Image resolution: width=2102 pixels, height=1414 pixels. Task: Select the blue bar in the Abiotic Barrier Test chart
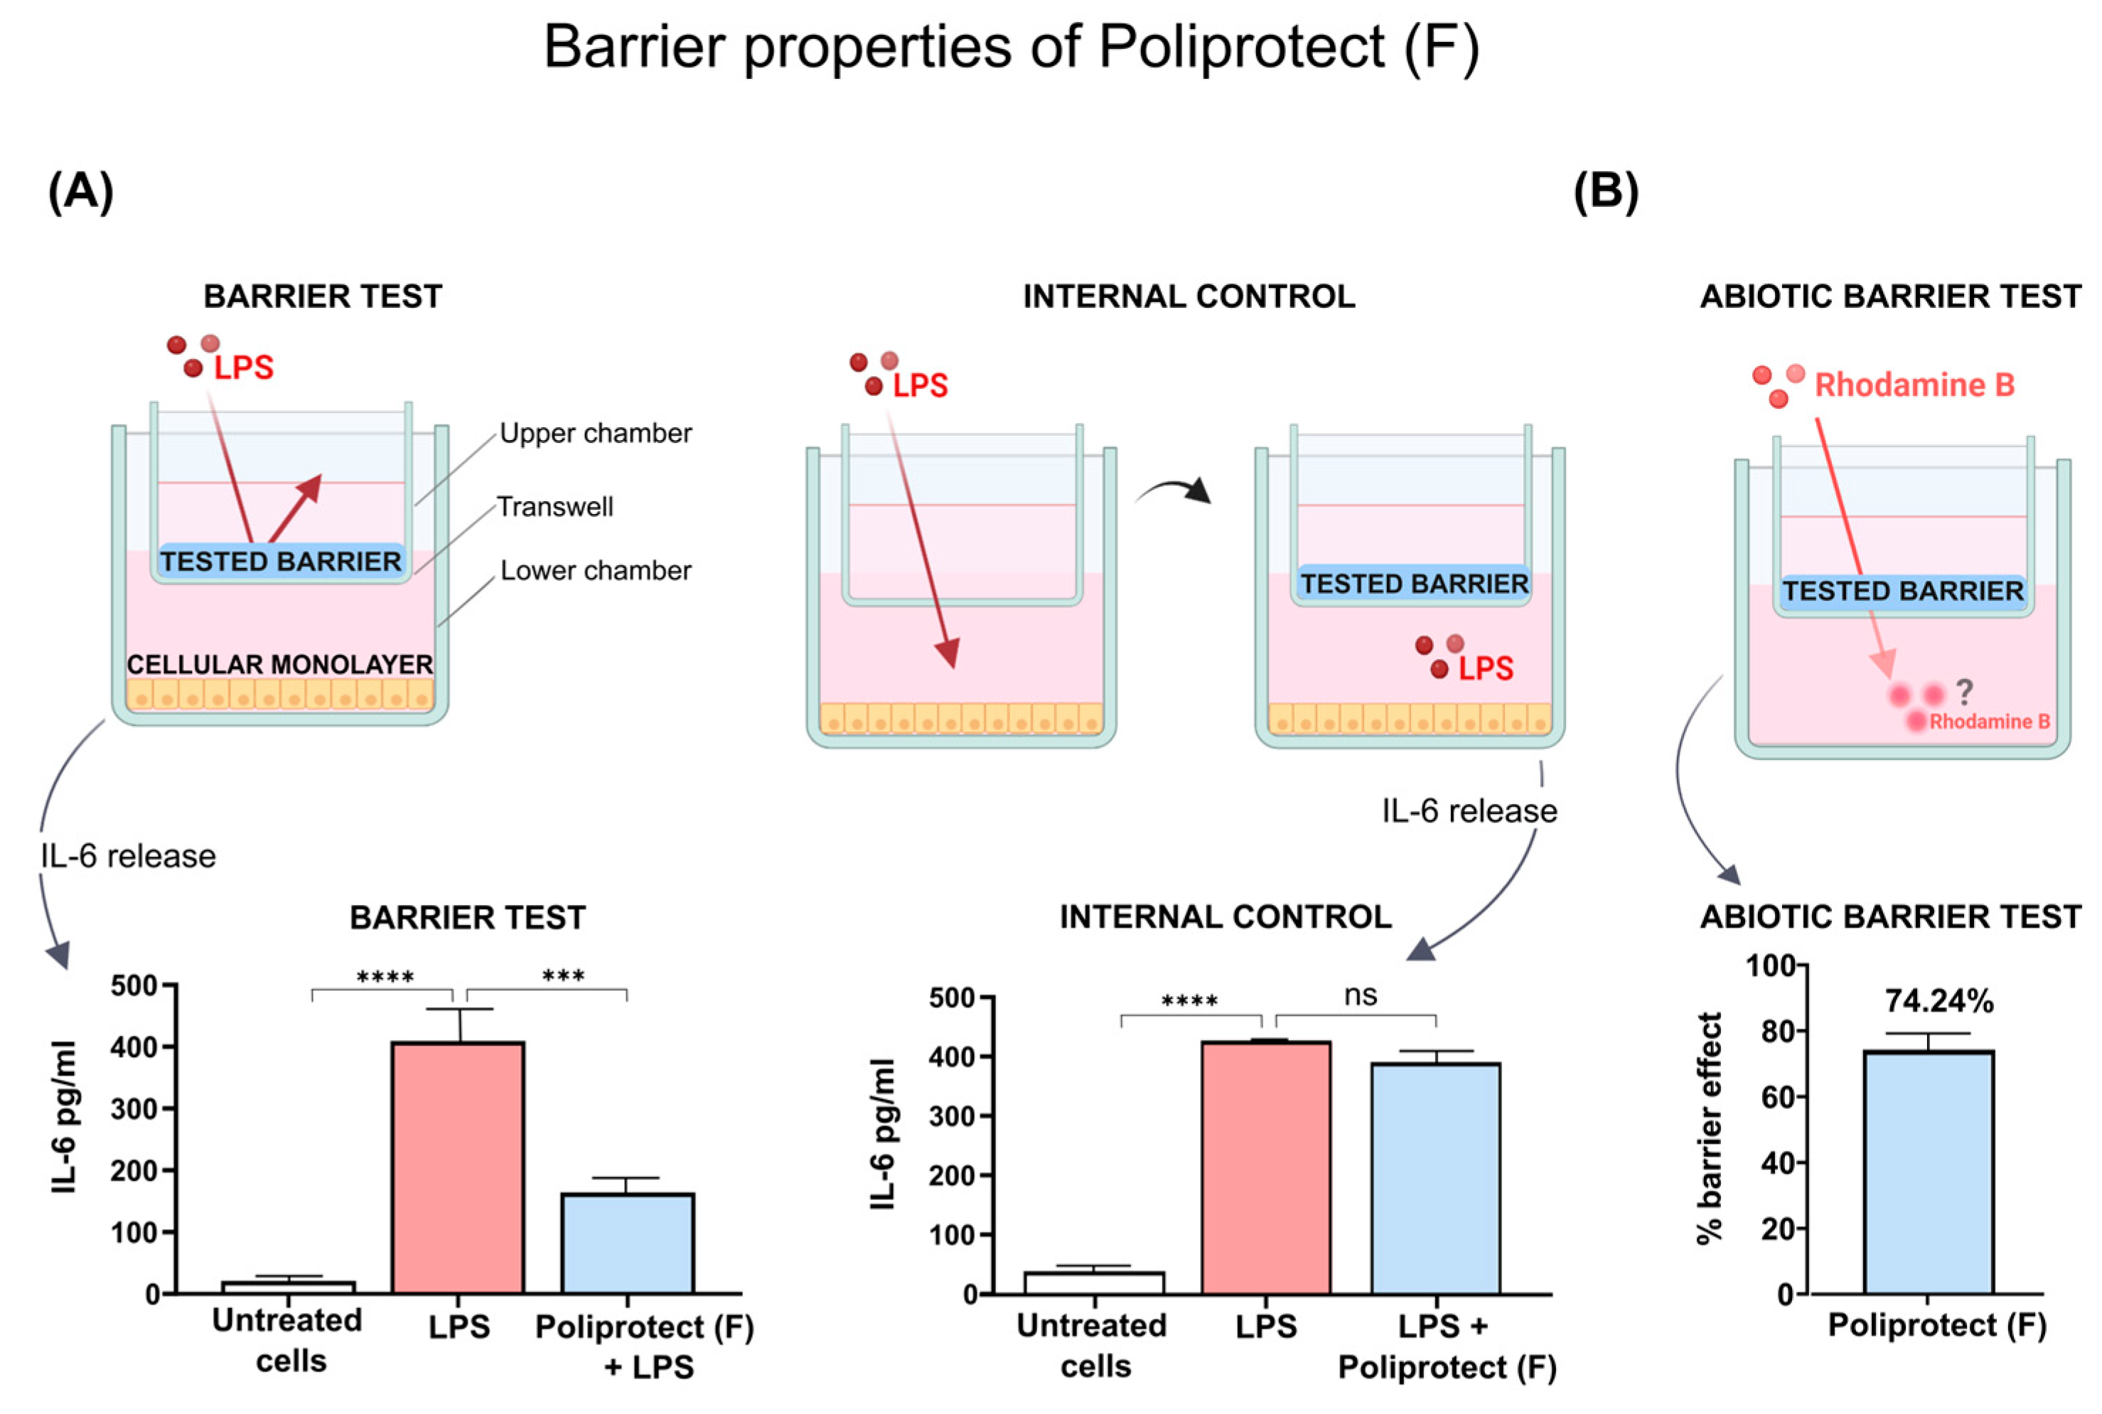click(x=1928, y=1172)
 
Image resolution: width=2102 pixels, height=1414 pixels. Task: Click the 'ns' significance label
click(x=1360, y=995)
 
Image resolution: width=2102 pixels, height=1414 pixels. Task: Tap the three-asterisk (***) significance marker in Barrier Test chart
click(x=563, y=976)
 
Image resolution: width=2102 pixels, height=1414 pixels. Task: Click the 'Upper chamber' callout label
click(x=595, y=434)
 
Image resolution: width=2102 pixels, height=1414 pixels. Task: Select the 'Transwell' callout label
click(x=554, y=507)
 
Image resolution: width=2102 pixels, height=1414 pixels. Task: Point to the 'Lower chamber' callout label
click(x=595, y=571)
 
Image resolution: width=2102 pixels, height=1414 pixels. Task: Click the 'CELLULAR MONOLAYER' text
click(x=279, y=665)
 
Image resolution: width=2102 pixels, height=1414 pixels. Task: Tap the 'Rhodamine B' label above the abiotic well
click(x=1914, y=385)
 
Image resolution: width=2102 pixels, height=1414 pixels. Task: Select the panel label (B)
click(x=1605, y=192)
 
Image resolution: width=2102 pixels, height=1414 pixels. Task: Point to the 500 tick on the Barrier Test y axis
click(x=134, y=985)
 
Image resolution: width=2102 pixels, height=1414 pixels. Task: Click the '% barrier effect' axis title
click(x=1709, y=1128)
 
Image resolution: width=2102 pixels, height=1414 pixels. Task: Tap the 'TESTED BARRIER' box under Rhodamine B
click(x=1903, y=591)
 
